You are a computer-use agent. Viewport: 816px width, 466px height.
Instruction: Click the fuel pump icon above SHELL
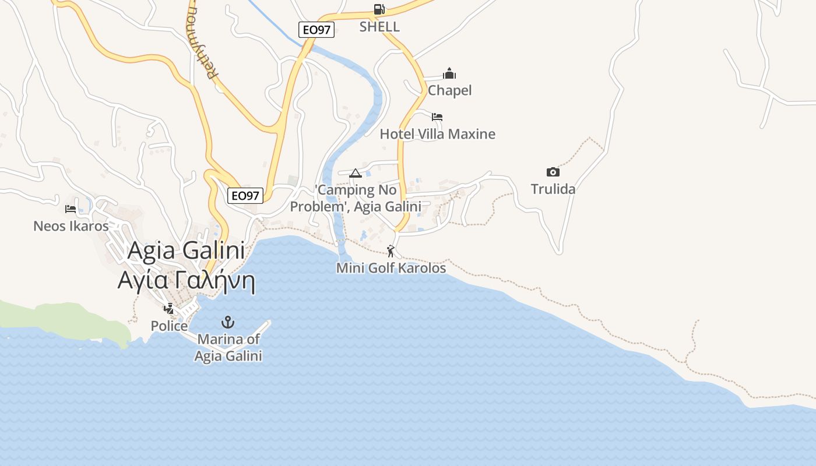pos(379,9)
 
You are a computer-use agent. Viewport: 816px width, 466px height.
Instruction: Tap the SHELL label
pos(379,27)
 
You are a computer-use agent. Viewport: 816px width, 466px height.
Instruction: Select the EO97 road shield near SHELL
pos(316,30)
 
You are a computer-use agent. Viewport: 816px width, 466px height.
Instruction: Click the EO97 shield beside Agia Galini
pos(245,196)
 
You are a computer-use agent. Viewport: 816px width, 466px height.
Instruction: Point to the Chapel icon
pos(449,73)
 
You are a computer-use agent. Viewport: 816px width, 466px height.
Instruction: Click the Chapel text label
pos(449,90)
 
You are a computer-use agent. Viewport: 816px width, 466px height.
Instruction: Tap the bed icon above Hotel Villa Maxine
pos(437,117)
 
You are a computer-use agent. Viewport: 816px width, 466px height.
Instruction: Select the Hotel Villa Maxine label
pos(437,134)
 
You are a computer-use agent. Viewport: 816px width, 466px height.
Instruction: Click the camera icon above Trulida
pos(553,172)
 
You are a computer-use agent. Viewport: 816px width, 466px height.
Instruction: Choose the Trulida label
pos(553,189)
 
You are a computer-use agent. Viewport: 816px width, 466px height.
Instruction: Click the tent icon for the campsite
pos(356,173)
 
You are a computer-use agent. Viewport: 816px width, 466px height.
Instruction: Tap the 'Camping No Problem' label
pos(356,198)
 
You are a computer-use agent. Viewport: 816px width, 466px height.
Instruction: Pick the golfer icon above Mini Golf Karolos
pos(391,251)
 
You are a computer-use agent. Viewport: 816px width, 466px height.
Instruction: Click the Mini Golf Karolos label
pos(391,268)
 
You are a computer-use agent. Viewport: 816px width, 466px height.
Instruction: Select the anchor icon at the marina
pos(228,322)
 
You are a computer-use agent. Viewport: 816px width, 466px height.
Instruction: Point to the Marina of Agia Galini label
pos(228,347)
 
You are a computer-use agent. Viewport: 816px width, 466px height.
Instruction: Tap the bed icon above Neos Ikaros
pos(71,209)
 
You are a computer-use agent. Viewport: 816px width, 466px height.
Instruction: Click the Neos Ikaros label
pos(71,225)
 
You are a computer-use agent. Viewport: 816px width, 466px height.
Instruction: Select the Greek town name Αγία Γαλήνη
pos(187,280)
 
